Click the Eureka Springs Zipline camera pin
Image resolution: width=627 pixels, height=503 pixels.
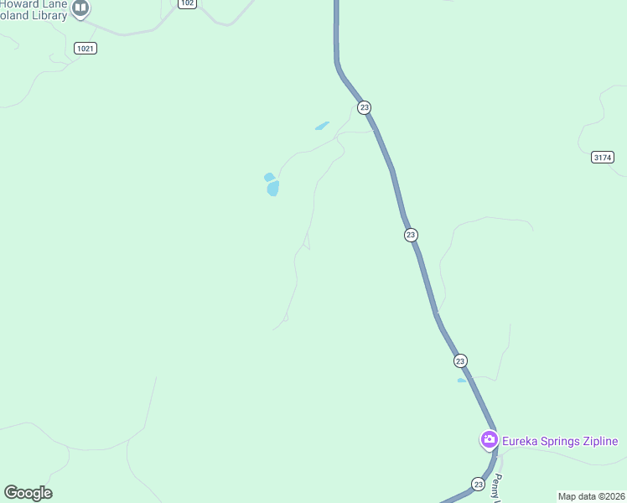[x=488, y=439]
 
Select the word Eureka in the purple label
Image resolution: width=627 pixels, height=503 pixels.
[x=521, y=441]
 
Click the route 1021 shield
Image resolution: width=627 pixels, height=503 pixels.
[x=85, y=48]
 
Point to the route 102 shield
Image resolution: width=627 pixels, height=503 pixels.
[x=187, y=3]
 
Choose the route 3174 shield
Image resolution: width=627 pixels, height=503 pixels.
[x=602, y=157]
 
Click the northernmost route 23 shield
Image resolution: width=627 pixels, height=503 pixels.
[x=364, y=107]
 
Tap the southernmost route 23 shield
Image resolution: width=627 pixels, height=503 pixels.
[x=478, y=484]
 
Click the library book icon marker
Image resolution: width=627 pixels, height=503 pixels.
[x=80, y=8]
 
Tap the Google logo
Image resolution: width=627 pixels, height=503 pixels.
[x=28, y=493]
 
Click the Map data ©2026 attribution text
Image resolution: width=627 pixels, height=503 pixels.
[x=592, y=496]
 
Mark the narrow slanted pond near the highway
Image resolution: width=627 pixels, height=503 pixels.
[x=322, y=126]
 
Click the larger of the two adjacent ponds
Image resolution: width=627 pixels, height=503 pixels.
[x=273, y=189]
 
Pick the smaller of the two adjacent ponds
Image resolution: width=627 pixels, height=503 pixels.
[x=269, y=177]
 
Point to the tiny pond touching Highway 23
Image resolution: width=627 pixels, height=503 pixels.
[x=462, y=381]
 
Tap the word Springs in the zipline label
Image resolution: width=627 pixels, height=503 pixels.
[x=561, y=441]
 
